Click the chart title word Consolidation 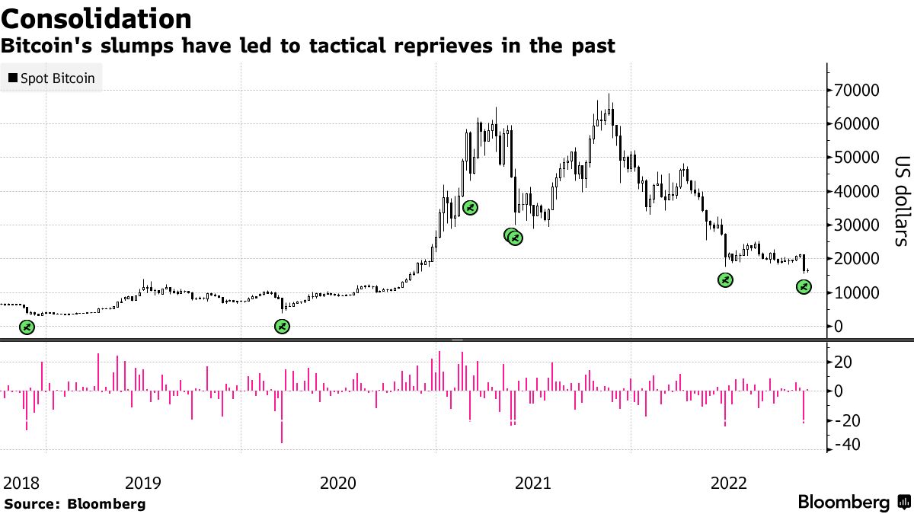point(96,18)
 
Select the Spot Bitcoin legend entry point(51,78)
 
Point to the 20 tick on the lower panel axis point(844,362)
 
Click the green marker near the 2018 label point(27,327)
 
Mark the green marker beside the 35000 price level point(470,208)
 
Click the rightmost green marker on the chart point(804,287)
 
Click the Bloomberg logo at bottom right point(843,503)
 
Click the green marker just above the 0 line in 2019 point(282,327)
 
